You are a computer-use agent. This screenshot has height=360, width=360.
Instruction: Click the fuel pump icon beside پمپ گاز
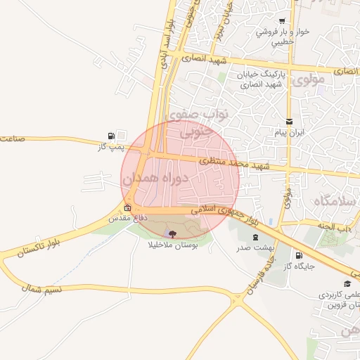tap(111, 136)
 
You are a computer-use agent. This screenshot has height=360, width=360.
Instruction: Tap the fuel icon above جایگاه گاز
tap(299, 255)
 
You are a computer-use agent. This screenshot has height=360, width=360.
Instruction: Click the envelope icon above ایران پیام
tap(288, 122)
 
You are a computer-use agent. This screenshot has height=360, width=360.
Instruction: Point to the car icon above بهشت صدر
tap(255, 237)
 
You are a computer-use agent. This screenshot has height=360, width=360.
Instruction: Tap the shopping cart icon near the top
tap(282, 21)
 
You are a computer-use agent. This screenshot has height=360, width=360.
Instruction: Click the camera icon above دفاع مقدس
tap(127, 208)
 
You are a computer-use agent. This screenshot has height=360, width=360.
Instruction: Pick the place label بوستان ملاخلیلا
tap(173, 245)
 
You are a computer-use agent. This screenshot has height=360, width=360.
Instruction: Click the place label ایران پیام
tap(288, 132)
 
